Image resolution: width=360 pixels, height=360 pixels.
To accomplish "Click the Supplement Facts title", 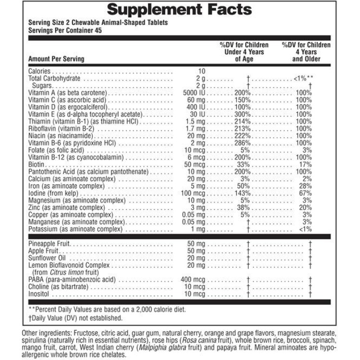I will click(180, 9).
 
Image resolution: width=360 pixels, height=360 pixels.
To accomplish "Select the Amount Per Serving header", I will click(56, 59).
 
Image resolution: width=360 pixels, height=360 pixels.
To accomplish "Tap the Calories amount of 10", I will click(202, 72).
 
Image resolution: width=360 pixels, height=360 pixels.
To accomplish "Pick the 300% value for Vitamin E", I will click(243, 115).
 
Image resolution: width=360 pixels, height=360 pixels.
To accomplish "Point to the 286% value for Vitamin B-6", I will click(243, 143).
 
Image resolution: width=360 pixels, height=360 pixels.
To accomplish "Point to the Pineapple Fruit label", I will click(49, 244).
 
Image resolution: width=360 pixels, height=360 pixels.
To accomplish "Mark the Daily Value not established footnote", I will click(75, 318).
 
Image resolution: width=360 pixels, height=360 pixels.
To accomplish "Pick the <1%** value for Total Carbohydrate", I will click(303, 78).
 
